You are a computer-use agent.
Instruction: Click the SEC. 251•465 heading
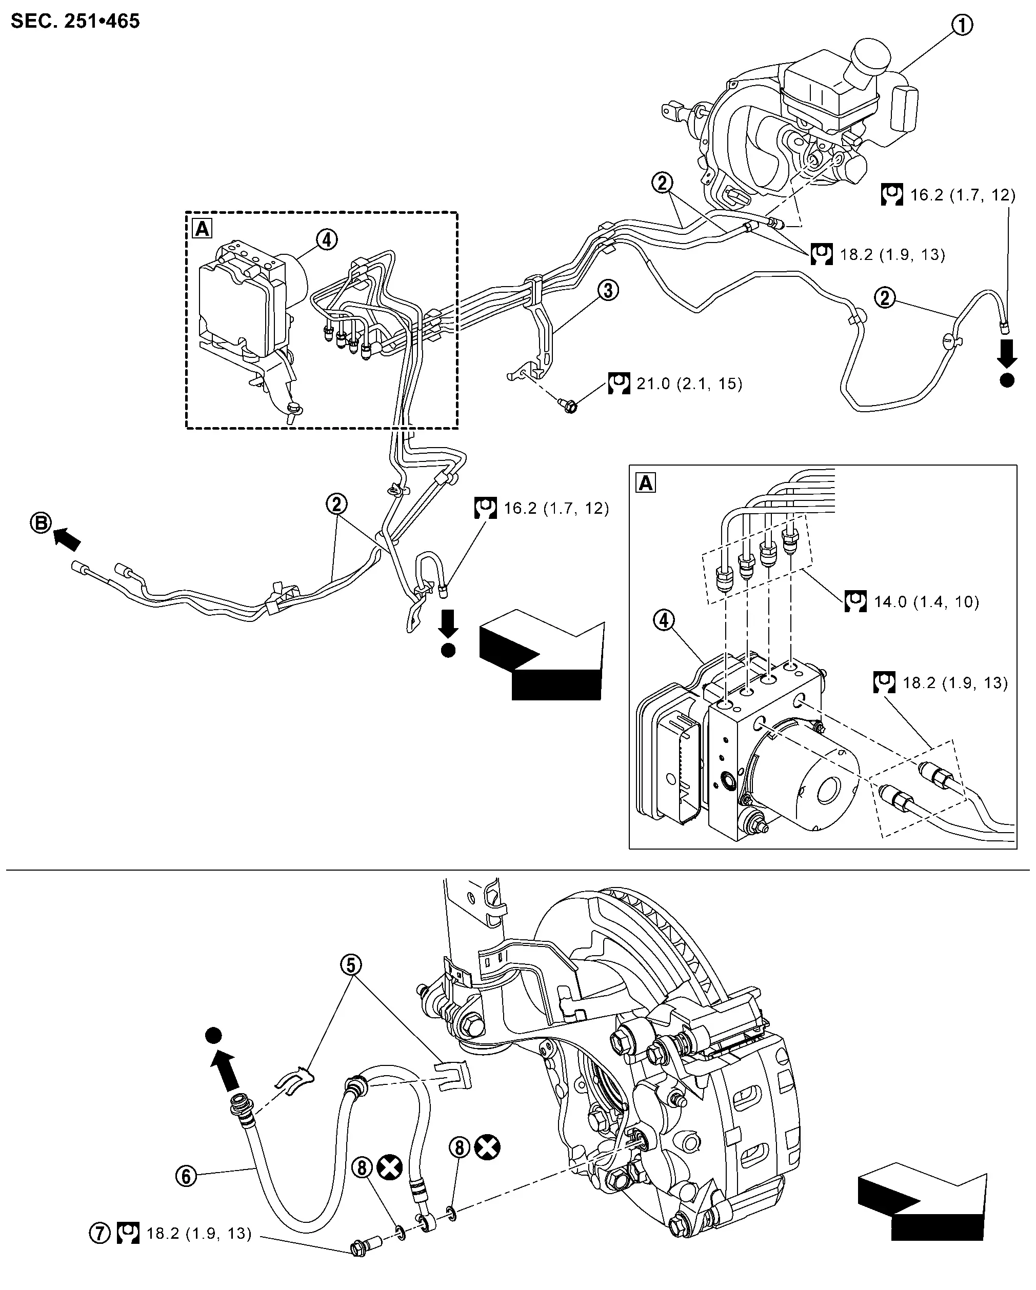pyautogui.click(x=75, y=22)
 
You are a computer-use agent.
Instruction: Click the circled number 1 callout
pyautogui.click(x=962, y=25)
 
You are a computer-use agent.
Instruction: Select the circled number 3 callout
pyautogui.click(x=608, y=291)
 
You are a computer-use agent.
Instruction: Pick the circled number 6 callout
pyautogui.click(x=186, y=1176)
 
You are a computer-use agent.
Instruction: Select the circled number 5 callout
pyautogui.click(x=351, y=964)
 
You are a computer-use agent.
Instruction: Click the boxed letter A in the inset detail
pyautogui.click(x=646, y=482)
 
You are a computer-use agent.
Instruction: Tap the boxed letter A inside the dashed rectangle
pyautogui.click(x=202, y=229)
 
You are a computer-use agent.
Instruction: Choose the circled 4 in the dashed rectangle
pyautogui.click(x=326, y=240)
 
